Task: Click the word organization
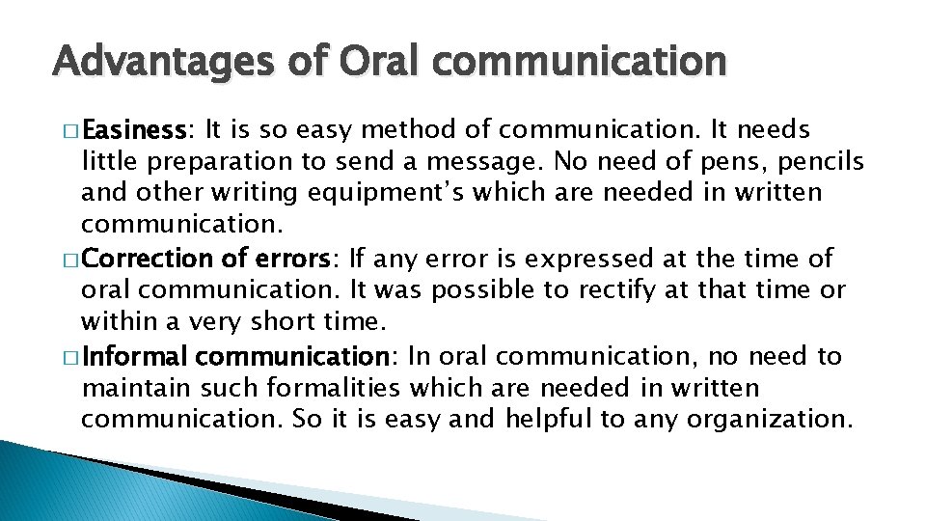point(768,420)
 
